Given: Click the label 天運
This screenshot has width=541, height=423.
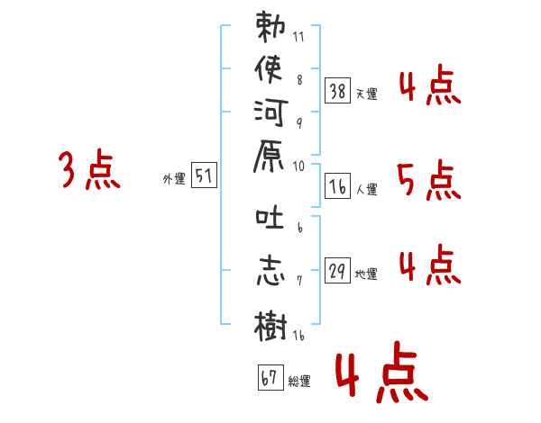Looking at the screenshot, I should (367, 94).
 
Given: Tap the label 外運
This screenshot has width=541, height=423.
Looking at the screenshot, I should (174, 179).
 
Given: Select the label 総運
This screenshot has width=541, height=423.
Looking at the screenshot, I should (299, 381).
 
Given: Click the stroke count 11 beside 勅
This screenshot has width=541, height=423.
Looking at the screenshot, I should (298, 38).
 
